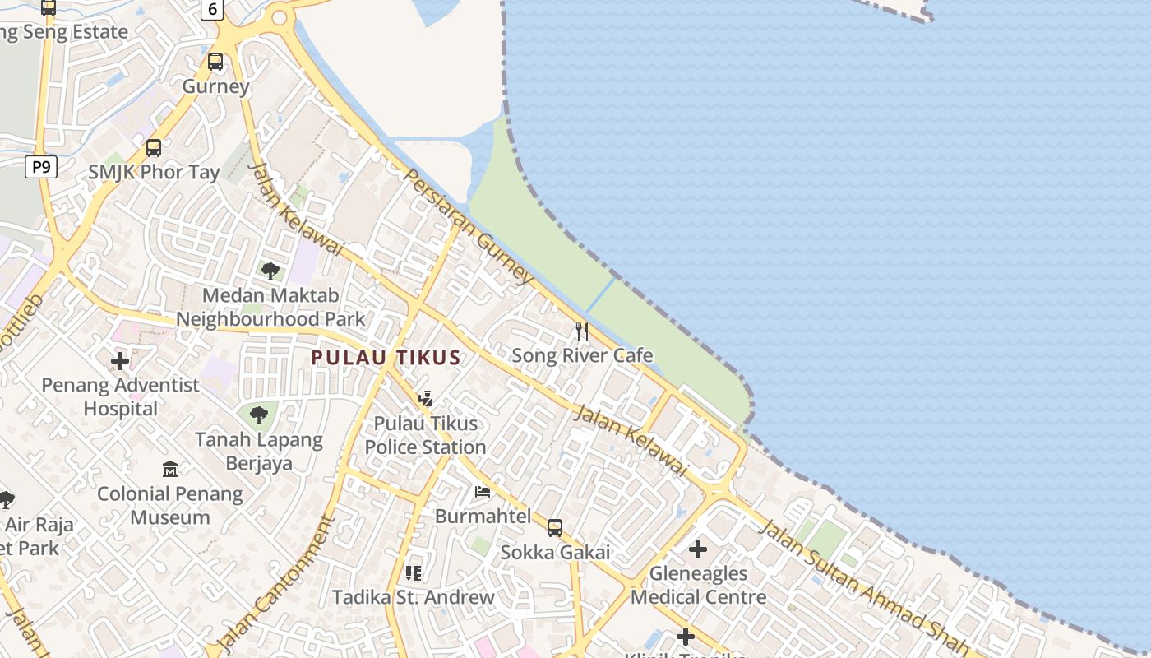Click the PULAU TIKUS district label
click(x=386, y=358)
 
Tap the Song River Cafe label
click(x=582, y=355)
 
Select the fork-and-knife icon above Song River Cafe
click(x=582, y=331)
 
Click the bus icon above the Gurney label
click(x=215, y=62)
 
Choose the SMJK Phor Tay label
click(x=155, y=172)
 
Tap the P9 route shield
click(x=40, y=168)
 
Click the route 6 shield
click(x=213, y=10)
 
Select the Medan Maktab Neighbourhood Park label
click(x=270, y=307)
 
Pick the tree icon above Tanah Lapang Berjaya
click(x=259, y=415)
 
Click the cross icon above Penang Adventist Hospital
click(x=120, y=360)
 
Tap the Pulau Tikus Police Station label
click(x=425, y=435)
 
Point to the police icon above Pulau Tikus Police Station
click(x=425, y=399)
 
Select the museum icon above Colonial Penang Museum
click(x=170, y=470)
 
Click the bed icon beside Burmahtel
click(x=483, y=492)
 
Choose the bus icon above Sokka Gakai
click(x=555, y=527)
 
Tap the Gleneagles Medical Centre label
click(x=698, y=585)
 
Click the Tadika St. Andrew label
click(x=414, y=597)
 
